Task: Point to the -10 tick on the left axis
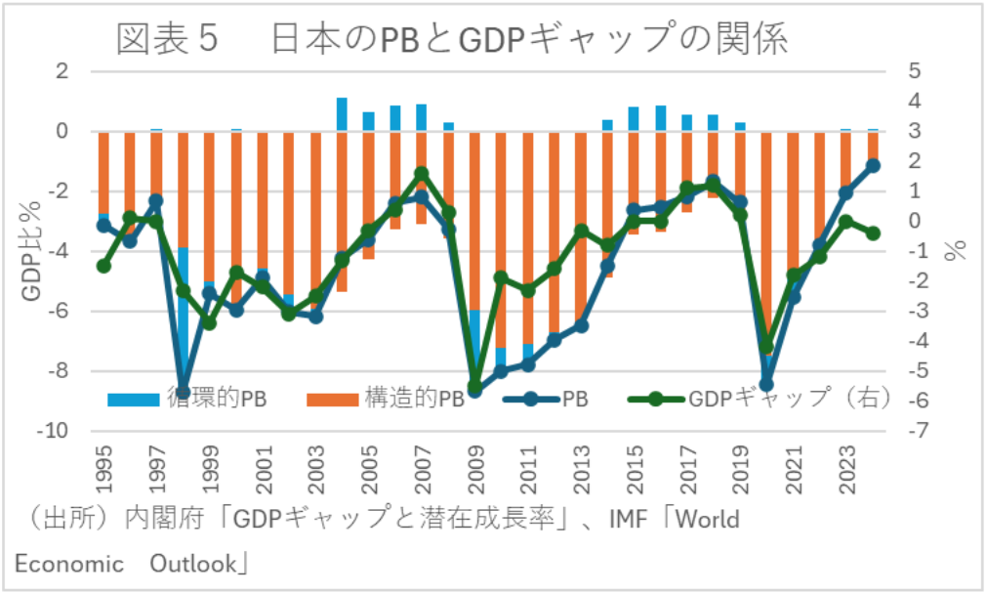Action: pyautogui.click(x=58, y=432)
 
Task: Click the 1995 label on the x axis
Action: pyautogui.click(x=103, y=468)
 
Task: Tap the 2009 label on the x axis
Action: pyautogui.click(x=475, y=468)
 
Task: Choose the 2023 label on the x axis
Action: pyautogui.click(x=846, y=468)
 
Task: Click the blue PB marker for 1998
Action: pyautogui.click(x=183, y=392)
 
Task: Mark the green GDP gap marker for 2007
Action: pyautogui.click(x=422, y=174)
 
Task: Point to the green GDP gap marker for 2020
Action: pyautogui.click(x=766, y=348)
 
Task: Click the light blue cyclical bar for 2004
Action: pyautogui.click(x=342, y=114)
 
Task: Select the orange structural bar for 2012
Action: pyautogui.click(x=555, y=234)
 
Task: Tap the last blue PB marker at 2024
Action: pyautogui.click(x=873, y=166)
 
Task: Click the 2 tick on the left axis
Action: pyautogui.click(x=63, y=71)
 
